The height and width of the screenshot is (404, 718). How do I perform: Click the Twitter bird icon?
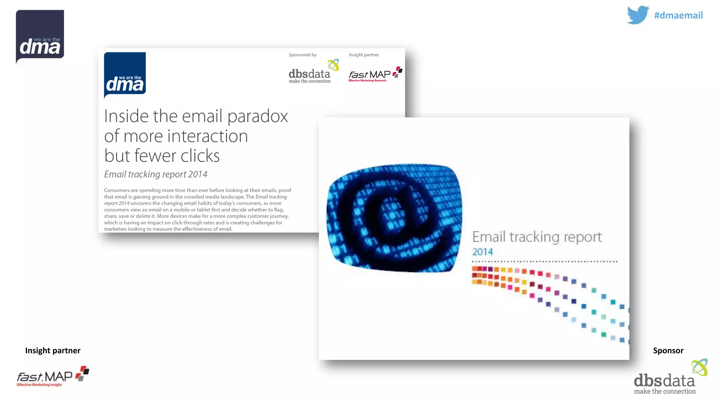tap(638, 15)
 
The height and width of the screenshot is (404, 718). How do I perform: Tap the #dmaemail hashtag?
tap(678, 15)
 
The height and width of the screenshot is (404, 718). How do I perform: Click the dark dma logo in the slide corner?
tap(40, 36)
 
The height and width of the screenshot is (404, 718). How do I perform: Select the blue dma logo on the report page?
tap(125, 74)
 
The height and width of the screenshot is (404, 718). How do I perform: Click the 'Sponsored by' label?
tap(303, 55)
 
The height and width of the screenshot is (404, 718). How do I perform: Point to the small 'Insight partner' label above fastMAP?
tap(364, 55)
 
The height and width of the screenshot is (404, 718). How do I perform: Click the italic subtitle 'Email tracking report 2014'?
tap(156, 174)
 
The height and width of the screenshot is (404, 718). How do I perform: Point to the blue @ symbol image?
tap(394, 217)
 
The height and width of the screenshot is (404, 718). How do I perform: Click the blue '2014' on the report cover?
tap(482, 252)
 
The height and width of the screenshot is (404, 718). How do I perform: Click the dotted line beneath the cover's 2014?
tap(544, 261)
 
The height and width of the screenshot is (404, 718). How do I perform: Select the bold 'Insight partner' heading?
tap(53, 350)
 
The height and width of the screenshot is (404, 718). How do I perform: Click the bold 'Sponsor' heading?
tap(668, 350)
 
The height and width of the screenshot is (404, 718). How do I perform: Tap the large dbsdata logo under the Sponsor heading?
tap(668, 379)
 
